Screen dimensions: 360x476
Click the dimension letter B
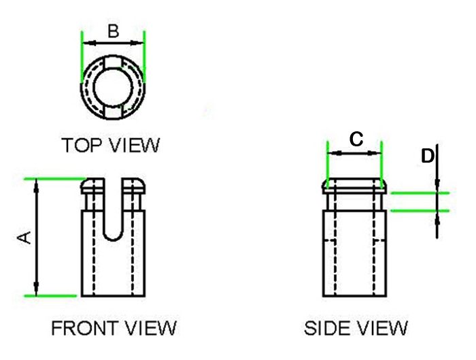[x=114, y=31]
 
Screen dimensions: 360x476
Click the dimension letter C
[x=356, y=140]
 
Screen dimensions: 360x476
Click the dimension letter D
[x=427, y=157]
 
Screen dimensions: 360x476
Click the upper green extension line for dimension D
[x=418, y=193]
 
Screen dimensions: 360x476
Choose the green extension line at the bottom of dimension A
[x=51, y=296]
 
